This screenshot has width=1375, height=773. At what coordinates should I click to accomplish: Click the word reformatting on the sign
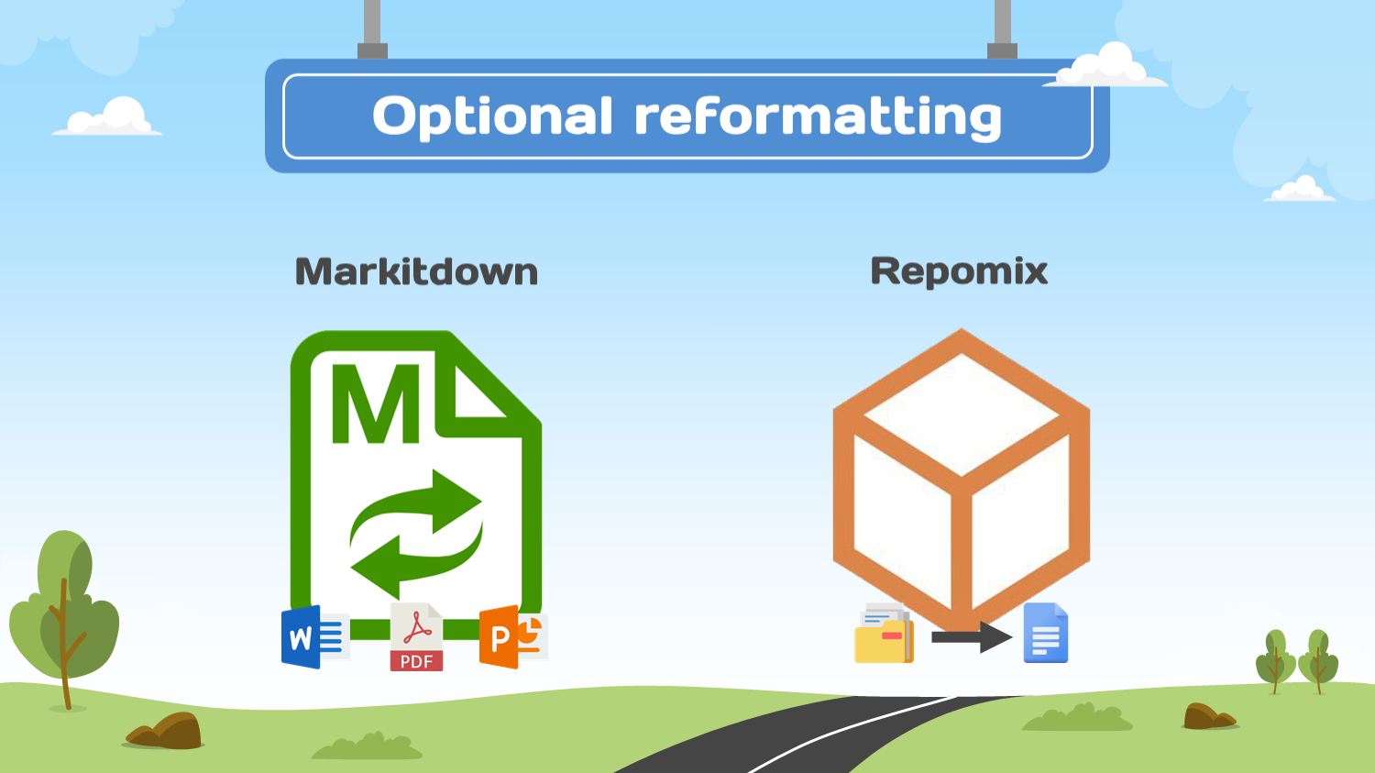tap(818, 117)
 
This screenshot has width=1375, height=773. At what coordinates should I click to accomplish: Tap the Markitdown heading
tap(416, 272)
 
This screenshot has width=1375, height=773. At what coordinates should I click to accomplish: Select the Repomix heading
tap(959, 271)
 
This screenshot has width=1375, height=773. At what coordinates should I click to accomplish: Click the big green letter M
tap(376, 403)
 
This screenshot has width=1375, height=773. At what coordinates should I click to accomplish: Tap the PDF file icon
tap(416, 637)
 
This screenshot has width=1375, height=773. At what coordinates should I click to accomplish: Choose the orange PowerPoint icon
tap(512, 636)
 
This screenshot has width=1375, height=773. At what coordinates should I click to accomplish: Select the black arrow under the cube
tap(971, 636)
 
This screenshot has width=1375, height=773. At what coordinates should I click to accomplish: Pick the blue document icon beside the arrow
tap(1045, 633)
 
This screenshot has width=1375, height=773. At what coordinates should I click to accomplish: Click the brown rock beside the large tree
tap(166, 731)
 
